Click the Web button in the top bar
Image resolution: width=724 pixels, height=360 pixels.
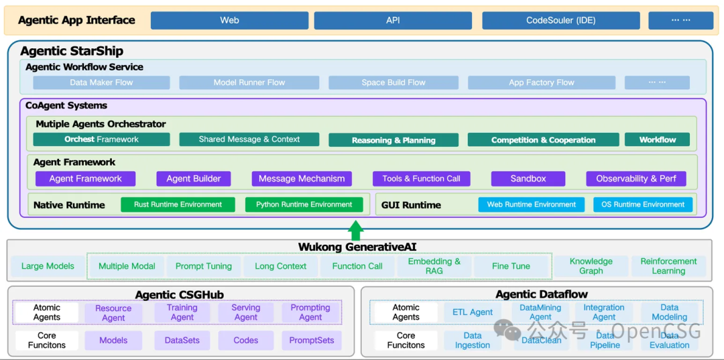[229, 20]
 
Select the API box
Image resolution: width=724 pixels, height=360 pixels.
[393, 20]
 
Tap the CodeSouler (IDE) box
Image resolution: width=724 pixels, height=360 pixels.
[560, 20]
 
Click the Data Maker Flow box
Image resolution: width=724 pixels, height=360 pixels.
[101, 82]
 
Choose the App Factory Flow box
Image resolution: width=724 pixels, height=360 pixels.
[541, 82]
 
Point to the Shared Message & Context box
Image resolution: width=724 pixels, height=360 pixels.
[249, 139]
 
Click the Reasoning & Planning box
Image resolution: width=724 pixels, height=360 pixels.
[394, 140]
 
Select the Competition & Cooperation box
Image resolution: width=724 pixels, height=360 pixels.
[543, 140]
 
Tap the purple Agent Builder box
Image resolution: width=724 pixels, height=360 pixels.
[194, 179]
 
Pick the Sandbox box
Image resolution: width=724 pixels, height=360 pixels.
[528, 179]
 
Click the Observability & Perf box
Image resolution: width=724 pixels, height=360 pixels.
[636, 179]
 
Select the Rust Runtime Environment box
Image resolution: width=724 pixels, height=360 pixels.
[178, 204]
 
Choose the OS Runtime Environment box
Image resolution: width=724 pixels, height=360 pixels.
[642, 204]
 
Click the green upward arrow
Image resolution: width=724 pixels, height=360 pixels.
[357, 229]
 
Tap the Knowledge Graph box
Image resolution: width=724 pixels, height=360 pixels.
[591, 266]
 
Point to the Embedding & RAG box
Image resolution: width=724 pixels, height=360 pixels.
[434, 266]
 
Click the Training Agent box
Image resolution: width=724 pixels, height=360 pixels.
[182, 312]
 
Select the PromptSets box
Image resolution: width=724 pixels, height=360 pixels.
[311, 341]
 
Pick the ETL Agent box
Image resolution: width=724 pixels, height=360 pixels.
[472, 312]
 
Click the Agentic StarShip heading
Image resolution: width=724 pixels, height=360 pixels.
[72, 51]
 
